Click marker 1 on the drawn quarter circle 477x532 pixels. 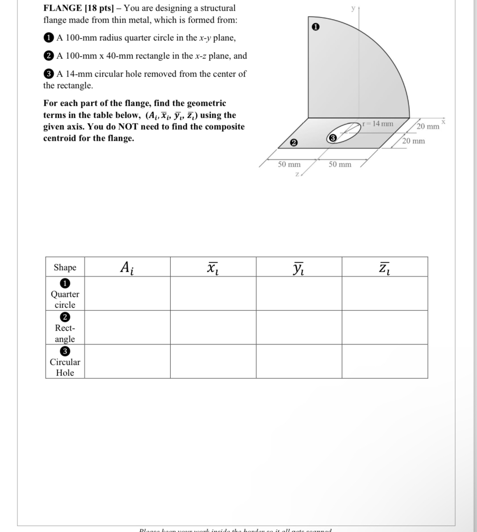(x=315, y=27)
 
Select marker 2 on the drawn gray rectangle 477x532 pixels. (x=293, y=143)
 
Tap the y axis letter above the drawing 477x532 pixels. (x=353, y=8)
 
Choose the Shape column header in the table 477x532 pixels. (x=65, y=267)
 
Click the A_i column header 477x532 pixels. (x=127, y=267)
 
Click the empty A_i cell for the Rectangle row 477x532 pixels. (x=127, y=327)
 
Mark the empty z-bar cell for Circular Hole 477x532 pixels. (x=384, y=362)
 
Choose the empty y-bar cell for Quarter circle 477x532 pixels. (x=299, y=293)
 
